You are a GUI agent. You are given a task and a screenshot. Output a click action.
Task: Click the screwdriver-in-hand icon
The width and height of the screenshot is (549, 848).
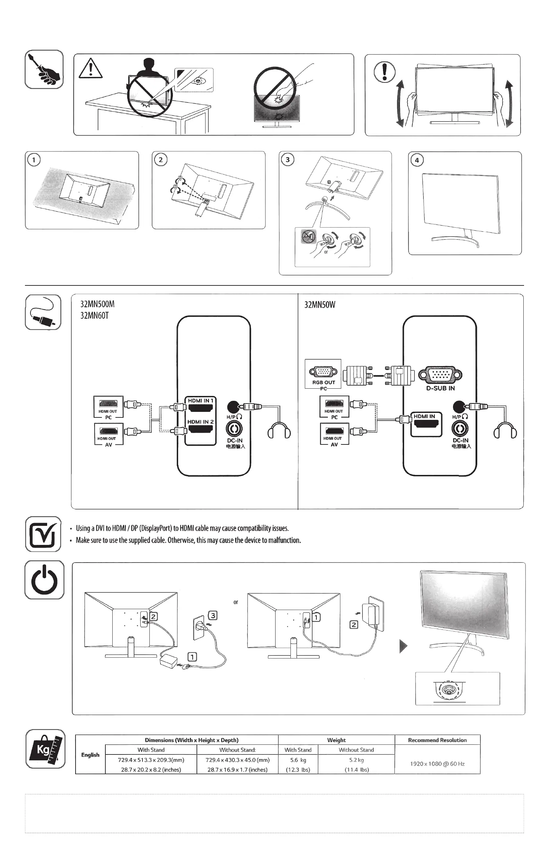44,70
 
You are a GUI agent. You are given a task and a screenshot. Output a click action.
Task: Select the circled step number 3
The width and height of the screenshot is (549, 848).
288,159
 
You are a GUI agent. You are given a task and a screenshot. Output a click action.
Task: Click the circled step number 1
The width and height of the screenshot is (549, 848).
34,160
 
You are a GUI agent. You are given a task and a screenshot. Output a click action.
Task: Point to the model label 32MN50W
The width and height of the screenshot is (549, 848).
320,304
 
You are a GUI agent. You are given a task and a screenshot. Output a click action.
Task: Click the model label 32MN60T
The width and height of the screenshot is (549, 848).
95,316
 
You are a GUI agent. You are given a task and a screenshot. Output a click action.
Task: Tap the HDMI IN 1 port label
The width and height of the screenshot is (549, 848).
200,401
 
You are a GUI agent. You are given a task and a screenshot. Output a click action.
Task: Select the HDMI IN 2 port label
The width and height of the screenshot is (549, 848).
200,422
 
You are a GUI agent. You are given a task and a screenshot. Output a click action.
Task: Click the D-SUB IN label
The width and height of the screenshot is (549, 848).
440,388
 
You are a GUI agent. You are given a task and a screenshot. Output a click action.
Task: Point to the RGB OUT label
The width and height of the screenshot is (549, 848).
324,382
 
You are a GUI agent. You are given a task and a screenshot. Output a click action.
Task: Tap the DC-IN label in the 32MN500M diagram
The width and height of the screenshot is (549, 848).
235,441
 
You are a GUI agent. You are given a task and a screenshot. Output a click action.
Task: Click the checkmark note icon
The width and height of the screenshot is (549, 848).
43,534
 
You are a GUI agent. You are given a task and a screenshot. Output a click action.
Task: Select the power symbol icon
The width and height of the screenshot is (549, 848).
44,580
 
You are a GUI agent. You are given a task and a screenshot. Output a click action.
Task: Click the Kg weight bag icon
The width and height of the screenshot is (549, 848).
45,749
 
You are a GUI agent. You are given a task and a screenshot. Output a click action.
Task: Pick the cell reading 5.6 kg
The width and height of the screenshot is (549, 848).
298,760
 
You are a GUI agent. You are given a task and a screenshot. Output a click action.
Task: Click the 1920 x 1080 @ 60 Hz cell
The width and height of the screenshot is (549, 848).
437,764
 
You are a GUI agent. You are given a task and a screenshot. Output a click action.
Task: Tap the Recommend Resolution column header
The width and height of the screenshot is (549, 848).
437,740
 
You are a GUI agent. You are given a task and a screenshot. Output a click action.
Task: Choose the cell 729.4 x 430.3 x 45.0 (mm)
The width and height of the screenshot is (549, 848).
237,760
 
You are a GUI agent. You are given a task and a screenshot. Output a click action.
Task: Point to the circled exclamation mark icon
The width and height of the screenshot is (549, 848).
384,72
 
